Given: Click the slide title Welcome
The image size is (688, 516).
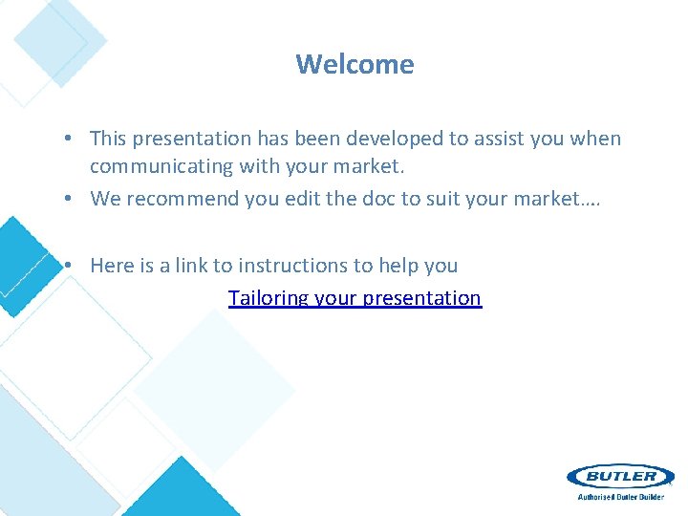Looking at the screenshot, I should pos(355,64).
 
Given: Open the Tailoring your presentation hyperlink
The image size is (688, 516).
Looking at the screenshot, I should pos(355,298).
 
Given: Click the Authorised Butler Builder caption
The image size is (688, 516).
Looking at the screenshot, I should pos(620,497).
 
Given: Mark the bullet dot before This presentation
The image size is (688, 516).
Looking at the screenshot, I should pos(71,140).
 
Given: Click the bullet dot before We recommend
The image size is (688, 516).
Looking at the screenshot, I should pos(71,200).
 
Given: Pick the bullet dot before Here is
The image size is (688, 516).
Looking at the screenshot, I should pos(71,267).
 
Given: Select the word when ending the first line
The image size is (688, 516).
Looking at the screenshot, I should pos(595,139).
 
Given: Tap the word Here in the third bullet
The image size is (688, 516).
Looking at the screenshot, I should pos(111,266).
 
